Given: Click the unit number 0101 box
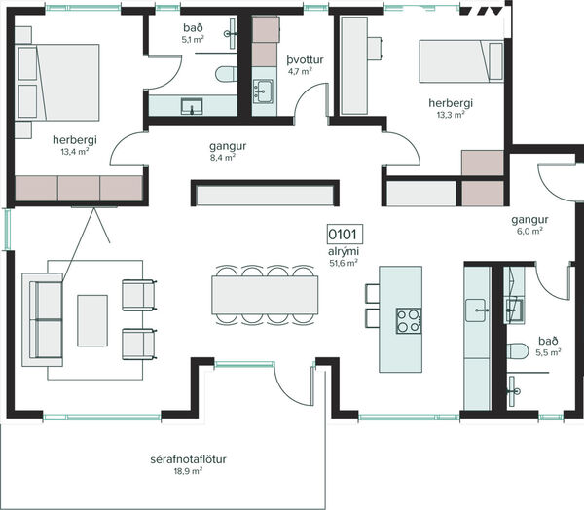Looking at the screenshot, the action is (345, 235).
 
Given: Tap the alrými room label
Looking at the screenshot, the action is (344, 251).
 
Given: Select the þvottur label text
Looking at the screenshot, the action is (305, 60).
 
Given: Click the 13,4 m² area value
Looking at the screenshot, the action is (75, 152).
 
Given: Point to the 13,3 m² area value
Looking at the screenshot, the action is (451, 115).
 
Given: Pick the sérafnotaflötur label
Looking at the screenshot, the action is (188, 459).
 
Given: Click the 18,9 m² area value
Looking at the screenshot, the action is (188, 471).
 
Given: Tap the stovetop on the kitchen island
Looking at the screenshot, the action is (409, 321).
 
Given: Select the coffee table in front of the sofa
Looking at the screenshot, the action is (92, 321).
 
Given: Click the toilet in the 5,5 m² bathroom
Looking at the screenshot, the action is (518, 351).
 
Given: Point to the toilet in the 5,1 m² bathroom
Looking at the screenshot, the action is (226, 74).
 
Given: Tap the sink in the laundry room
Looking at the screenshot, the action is (263, 91).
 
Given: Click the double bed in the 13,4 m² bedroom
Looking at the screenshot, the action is (57, 83).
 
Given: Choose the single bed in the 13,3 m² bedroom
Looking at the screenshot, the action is (461, 61).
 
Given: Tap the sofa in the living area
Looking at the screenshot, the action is (43, 319).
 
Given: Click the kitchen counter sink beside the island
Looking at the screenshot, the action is (476, 310).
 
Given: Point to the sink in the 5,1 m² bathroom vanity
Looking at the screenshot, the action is (192, 106).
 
